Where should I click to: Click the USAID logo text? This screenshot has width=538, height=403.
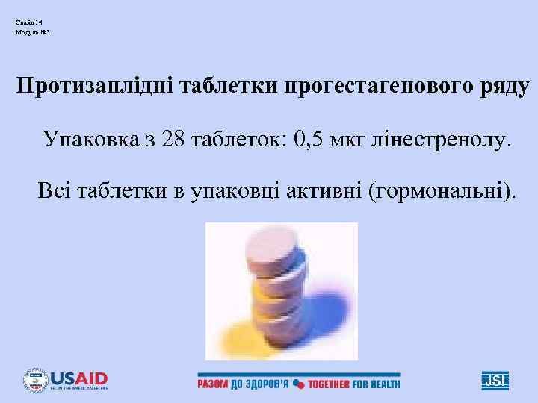click(x=80, y=378)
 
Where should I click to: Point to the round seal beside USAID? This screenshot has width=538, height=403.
click(x=35, y=380)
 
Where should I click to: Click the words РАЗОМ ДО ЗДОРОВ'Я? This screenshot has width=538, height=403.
click(x=244, y=384)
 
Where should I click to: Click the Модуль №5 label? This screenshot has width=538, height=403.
click(x=27, y=34)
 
